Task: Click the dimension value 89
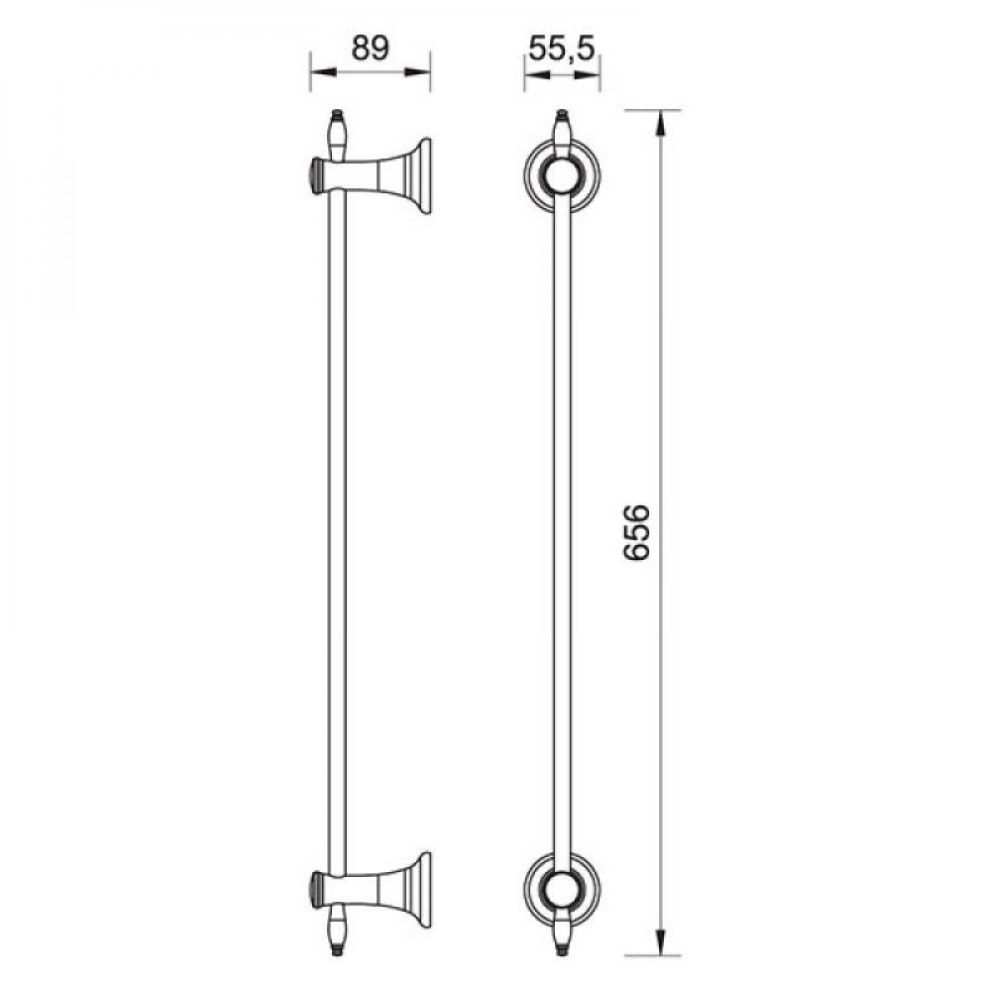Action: coord(370,48)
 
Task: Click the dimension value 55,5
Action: coord(562,49)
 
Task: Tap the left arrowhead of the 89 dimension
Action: coord(322,72)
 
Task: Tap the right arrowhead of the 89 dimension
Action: coord(418,72)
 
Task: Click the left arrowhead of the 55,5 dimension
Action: coord(536,74)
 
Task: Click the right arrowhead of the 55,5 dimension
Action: coord(588,74)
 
